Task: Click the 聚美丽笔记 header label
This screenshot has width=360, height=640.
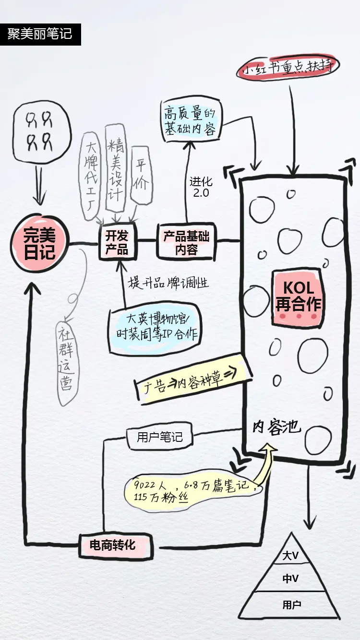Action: [40, 34]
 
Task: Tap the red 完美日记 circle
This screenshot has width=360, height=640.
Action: [39, 244]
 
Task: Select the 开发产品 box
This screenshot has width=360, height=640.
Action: [117, 243]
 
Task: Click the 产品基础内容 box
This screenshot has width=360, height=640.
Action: [186, 243]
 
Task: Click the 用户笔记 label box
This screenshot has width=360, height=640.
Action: [160, 437]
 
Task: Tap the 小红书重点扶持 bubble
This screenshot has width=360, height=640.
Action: [288, 68]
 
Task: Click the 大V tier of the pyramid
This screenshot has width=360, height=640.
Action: [290, 556]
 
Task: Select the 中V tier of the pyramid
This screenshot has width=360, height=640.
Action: [290, 579]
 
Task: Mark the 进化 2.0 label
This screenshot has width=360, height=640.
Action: [201, 188]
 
